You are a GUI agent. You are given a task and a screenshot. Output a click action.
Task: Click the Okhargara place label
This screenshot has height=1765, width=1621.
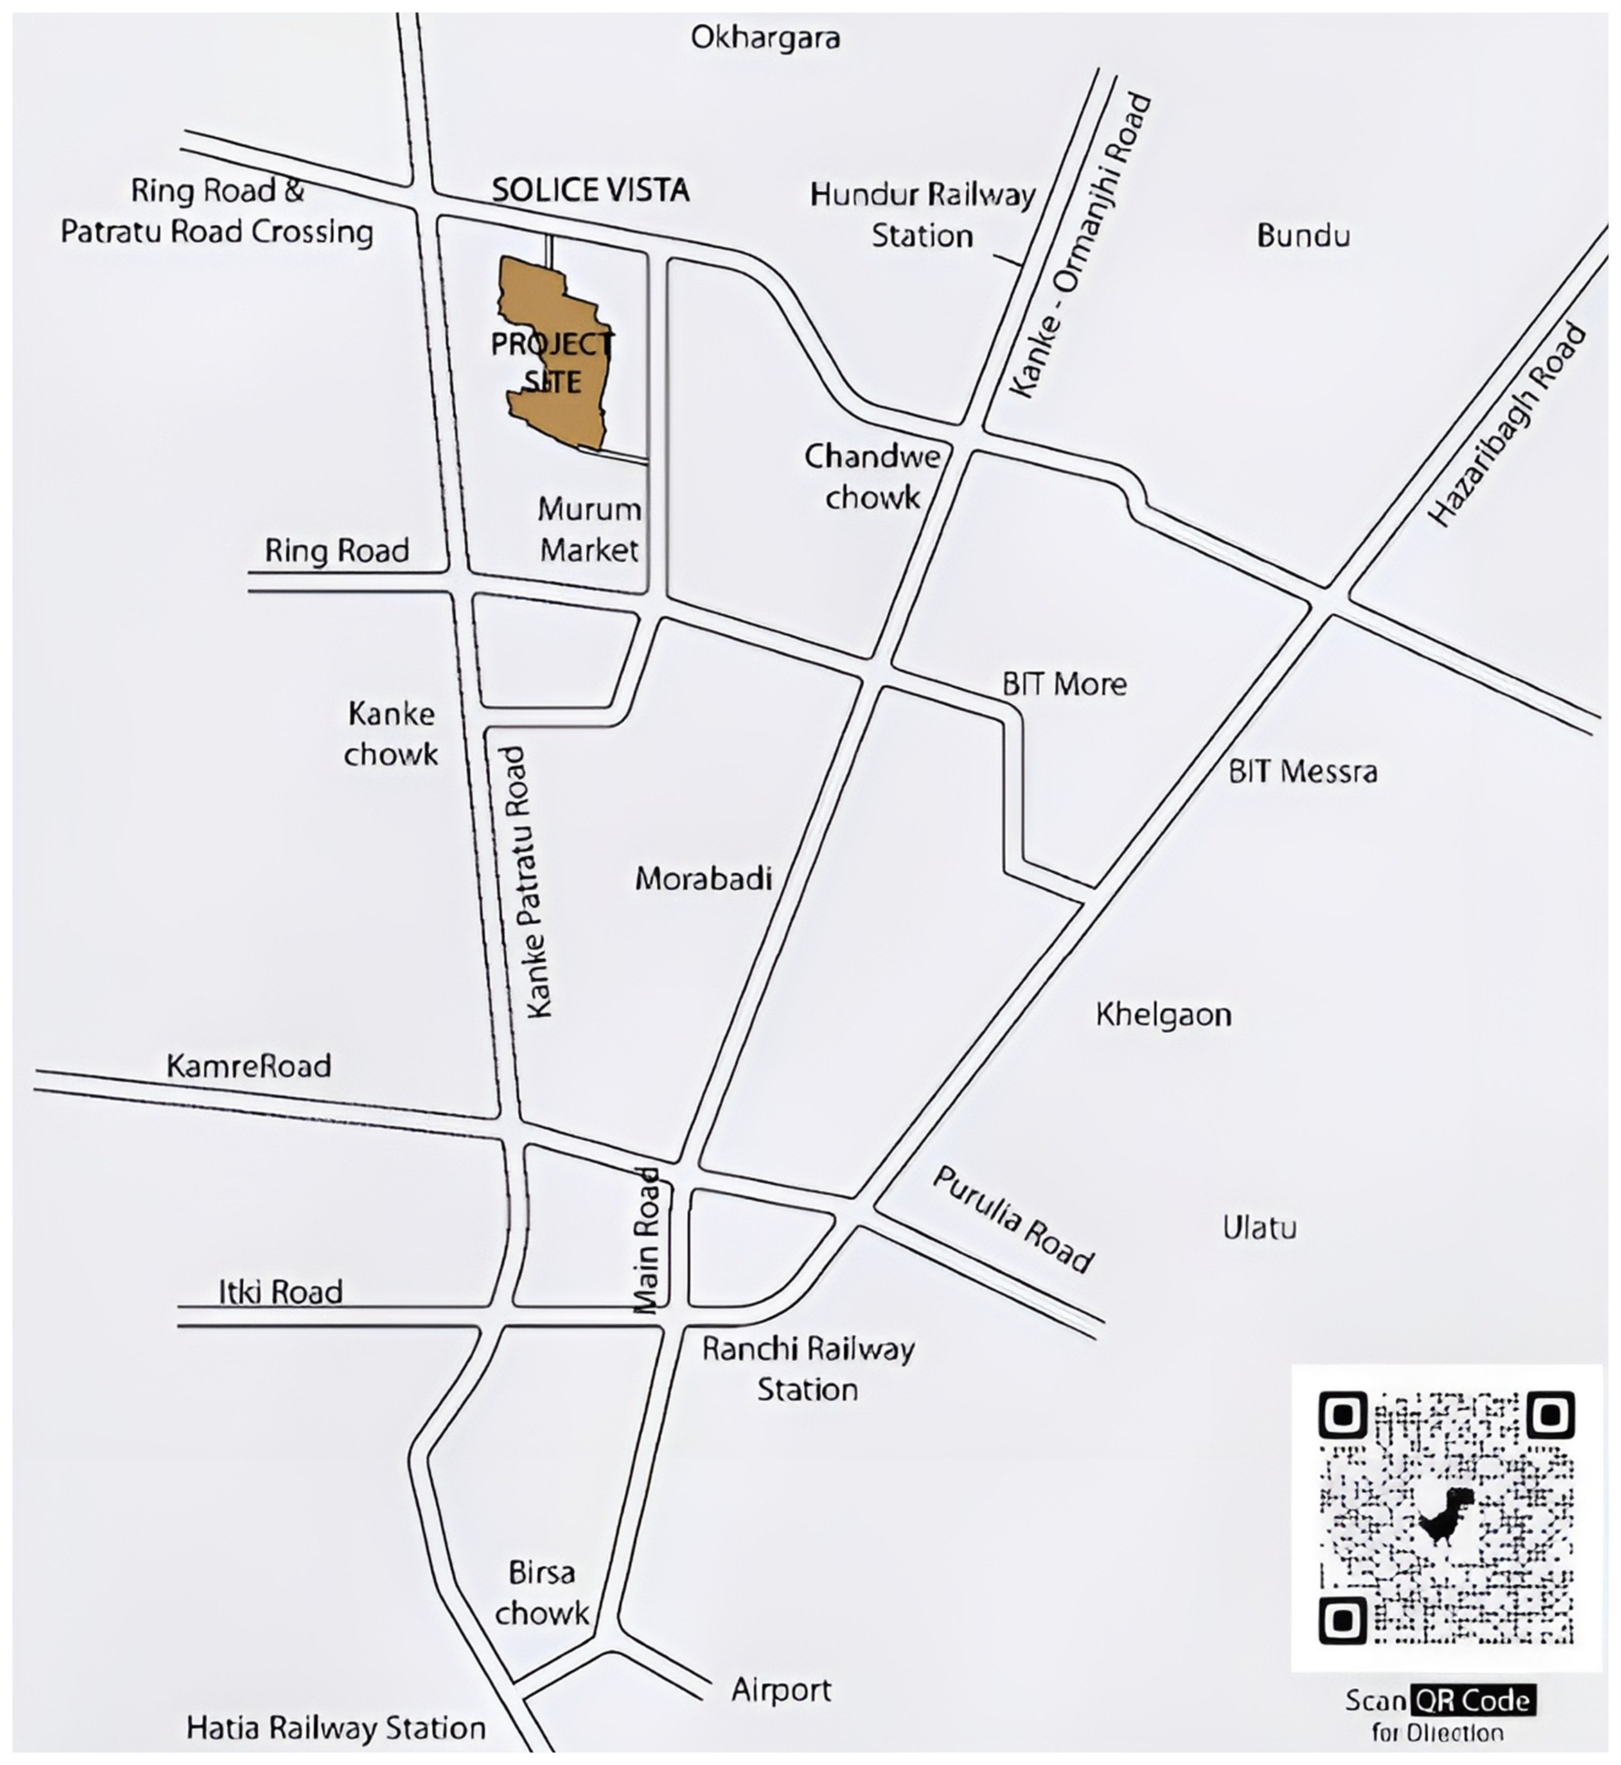765,37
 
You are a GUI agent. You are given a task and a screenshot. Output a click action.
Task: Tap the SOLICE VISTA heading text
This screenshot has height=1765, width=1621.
590,190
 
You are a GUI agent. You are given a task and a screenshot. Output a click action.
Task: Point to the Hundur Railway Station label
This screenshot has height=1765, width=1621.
923,215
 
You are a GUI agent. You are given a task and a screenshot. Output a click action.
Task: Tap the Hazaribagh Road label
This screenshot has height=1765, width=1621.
1508,425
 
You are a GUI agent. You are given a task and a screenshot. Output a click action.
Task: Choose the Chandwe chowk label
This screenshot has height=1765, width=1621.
873,477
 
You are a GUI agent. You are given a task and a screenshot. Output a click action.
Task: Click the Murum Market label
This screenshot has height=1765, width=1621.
589,530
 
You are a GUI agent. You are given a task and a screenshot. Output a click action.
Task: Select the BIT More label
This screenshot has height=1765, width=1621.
1064,684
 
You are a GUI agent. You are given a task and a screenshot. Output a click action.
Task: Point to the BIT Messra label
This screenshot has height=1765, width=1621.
1302,772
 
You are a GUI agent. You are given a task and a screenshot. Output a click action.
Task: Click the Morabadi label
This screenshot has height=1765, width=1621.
704,879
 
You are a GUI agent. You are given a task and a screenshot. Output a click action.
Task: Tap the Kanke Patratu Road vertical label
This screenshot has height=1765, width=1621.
530,882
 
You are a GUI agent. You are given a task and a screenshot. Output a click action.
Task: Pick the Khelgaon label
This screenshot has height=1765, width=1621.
1163,1015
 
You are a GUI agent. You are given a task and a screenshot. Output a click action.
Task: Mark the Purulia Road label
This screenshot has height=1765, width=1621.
1013,1219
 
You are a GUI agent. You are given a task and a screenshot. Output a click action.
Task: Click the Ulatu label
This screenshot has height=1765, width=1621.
1259,1228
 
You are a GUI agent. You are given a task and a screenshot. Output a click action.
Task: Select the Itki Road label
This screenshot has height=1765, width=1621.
281,1292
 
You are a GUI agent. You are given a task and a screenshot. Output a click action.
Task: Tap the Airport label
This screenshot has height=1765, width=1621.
781,1689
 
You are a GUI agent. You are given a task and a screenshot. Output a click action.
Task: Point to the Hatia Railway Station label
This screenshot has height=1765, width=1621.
336,1728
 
